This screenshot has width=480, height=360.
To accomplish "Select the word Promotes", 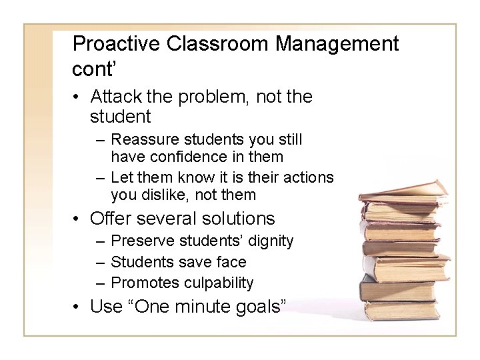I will pos(140,283).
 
